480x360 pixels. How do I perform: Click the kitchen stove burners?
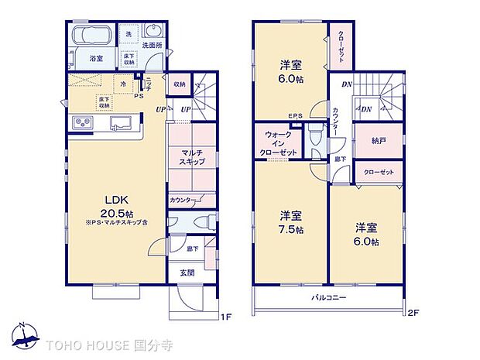click(83, 124)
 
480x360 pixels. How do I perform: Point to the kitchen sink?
click(120, 124)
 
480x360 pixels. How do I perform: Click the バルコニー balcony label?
click(328, 298)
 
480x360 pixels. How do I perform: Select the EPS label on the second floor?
click(295, 116)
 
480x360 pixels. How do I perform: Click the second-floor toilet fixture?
click(315, 140)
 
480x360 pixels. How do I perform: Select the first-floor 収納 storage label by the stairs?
click(179, 84)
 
